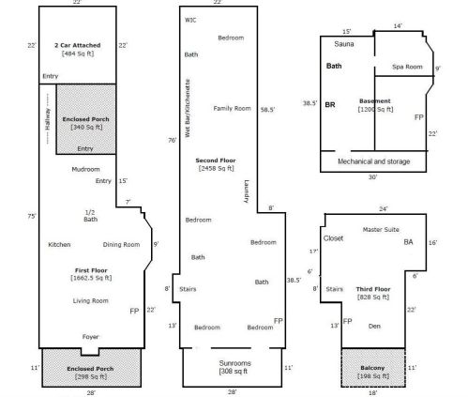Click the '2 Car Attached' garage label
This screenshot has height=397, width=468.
pyautogui.click(x=77, y=46)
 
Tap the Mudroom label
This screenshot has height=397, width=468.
pyautogui.click(x=85, y=169)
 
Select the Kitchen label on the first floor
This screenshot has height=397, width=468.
pyautogui.click(x=59, y=245)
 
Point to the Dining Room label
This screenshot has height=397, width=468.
pyautogui.click(x=121, y=245)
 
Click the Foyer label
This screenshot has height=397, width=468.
pyautogui.click(x=90, y=336)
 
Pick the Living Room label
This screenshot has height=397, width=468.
pyautogui.click(x=91, y=300)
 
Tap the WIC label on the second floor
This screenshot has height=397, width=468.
pyautogui.click(x=190, y=20)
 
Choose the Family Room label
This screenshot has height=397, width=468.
pyautogui.click(x=232, y=107)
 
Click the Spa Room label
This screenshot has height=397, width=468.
pyautogui.click(x=407, y=67)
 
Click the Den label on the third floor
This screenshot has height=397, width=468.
pyautogui.click(x=373, y=326)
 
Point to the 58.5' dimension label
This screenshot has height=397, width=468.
pyautogui.click(x=267, y=109)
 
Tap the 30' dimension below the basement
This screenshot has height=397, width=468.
pyautogui.click(x=372, y=176)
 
